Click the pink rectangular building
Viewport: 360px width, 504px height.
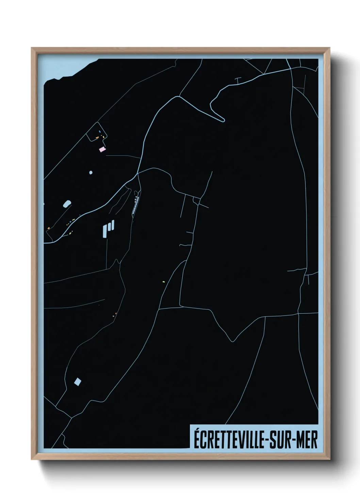102,149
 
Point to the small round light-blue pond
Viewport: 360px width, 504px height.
91,173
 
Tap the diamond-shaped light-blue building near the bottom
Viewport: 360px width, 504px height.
78,381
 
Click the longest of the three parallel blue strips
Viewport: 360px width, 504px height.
105,231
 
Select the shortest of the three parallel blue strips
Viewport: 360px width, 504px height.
113,225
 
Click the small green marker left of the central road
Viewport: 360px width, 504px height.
164,282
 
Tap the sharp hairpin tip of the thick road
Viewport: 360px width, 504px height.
223,120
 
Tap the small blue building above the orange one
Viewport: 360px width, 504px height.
99,131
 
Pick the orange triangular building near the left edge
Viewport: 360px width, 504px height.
49,228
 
